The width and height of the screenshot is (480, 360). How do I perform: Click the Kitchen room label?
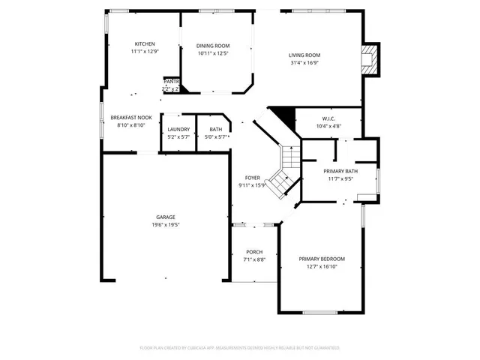coord(145,44)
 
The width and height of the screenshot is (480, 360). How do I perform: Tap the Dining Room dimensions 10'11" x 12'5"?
coord(213,53)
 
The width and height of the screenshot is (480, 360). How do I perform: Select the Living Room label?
coord(305,55)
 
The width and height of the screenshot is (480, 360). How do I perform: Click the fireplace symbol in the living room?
coord(369,59)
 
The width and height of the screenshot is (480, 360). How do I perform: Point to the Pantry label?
coord(172,82)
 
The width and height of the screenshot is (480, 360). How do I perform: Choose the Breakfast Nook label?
coord(131,118)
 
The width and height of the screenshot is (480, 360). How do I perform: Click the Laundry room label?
coord(178,130)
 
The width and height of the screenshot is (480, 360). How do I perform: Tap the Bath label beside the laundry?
coord(216,130)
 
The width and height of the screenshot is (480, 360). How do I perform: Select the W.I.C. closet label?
coord(328,118)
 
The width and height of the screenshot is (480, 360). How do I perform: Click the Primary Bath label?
coord(340,171)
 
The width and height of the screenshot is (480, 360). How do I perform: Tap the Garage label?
coord(166,217)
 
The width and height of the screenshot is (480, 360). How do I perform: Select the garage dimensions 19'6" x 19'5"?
coord(166,224)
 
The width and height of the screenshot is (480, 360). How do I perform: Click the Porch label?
coord(253,252)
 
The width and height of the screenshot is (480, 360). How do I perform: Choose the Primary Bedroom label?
coord(322,259)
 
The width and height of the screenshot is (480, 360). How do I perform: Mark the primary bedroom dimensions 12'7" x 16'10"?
coord(322,266)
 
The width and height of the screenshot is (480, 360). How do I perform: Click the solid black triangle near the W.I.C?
coord(280,115)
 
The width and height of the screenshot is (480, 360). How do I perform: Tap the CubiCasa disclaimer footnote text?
coord(240,348)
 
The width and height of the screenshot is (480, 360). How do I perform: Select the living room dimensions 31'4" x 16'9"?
coord(305,63)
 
